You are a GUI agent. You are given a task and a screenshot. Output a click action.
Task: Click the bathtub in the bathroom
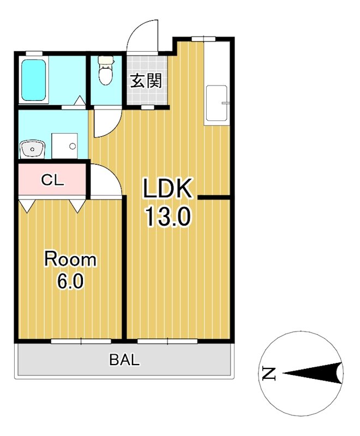pyautogui.click(x=34, y=80)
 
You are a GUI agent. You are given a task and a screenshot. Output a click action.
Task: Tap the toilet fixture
pyautogui.click(x=105, y=70)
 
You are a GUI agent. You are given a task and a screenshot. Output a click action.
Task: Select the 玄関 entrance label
pyautogui.click(x=146, y=81)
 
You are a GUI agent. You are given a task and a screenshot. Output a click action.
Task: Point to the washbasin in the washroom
pyautogui.click(x=32, y=149)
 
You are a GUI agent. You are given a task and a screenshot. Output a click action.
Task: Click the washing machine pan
pyautogui.click(x=64, y=146)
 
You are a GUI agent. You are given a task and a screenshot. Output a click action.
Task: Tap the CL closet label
pyautogui.click(x=52, y=180)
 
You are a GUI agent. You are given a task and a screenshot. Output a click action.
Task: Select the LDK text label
pyautogui.click(x=167, y=188)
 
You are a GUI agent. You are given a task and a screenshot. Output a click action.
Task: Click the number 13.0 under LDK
pyautogui.click(x=168, y=217)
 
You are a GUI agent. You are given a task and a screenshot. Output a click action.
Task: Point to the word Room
pyautogui.click(x=70, y=259)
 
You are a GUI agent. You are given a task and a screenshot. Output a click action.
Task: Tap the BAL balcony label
pyautogui.click(x=124, y=360)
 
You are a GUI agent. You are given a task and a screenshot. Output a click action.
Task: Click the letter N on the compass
pyautogui.click(x=269, y=373)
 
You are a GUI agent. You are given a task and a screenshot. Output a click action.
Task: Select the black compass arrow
pyautogui.click(x=312, y=373)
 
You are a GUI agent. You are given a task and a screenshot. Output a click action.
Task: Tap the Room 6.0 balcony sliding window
pyautogui.click(x=81, y=341)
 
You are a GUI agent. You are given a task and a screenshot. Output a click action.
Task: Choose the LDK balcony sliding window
pyautogui.click(x=167, y=341)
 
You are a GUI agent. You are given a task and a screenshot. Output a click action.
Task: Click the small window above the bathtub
pyautogui.click(x=34, y=53)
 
